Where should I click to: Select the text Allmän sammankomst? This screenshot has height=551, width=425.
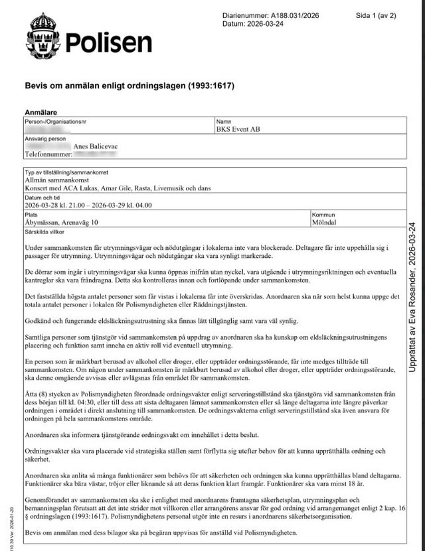50,180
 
